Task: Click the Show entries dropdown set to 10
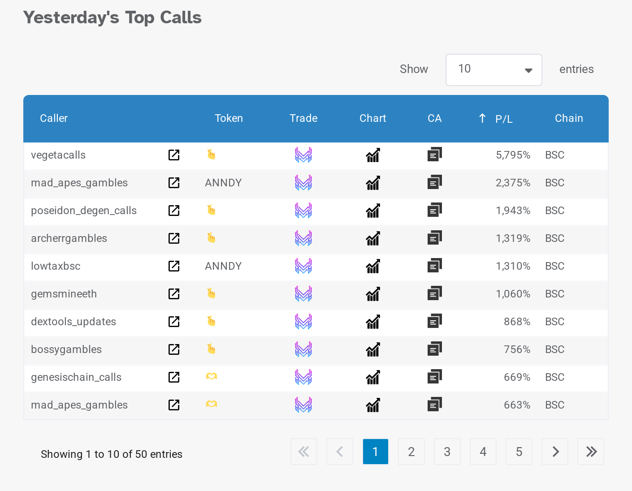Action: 493,70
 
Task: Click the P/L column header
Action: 503,119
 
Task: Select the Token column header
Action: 229,118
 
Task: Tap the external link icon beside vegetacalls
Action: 174,155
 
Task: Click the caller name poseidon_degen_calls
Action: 84,211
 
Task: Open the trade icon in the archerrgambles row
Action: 303,238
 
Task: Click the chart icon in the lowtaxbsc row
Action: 373,267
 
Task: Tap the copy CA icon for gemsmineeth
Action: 434,293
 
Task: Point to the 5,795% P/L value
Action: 513,155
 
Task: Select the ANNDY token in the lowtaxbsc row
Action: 223,266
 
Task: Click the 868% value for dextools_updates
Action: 517,322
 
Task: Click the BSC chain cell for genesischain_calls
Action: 554,377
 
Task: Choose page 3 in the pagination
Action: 447,452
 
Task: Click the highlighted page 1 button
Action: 375,452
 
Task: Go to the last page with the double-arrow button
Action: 591,452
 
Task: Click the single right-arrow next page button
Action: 555,452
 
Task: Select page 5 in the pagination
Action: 519,452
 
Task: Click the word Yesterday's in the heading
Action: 71,18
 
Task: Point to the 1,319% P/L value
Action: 513,238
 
